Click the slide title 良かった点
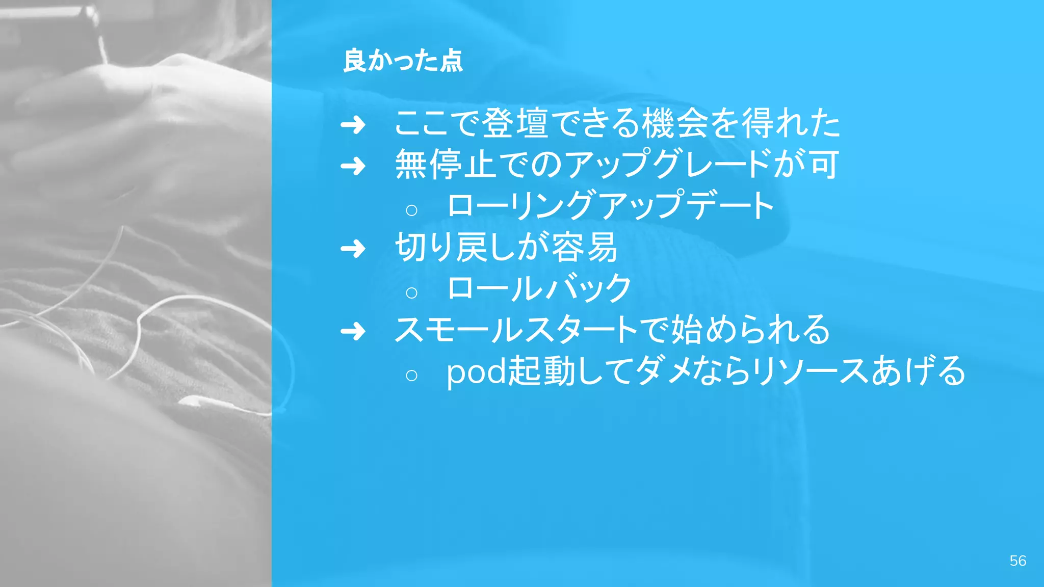(x=403, y=61)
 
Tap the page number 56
(x=1017, y=561)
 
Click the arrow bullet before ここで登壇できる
(x=353, y=125)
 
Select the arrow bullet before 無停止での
(x=353, y=166)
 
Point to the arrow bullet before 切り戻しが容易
(x=353, y=249)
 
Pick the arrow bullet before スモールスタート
(x=353, y=332)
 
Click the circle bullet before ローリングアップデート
(x=411, y=209)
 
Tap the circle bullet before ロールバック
(x=411, y=292)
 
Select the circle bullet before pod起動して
(x=411, y=375)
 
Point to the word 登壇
(x=515, y=123)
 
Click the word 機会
(x=674, y=123)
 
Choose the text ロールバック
(x=539, y=288)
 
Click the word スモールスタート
(x=516, y=330)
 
